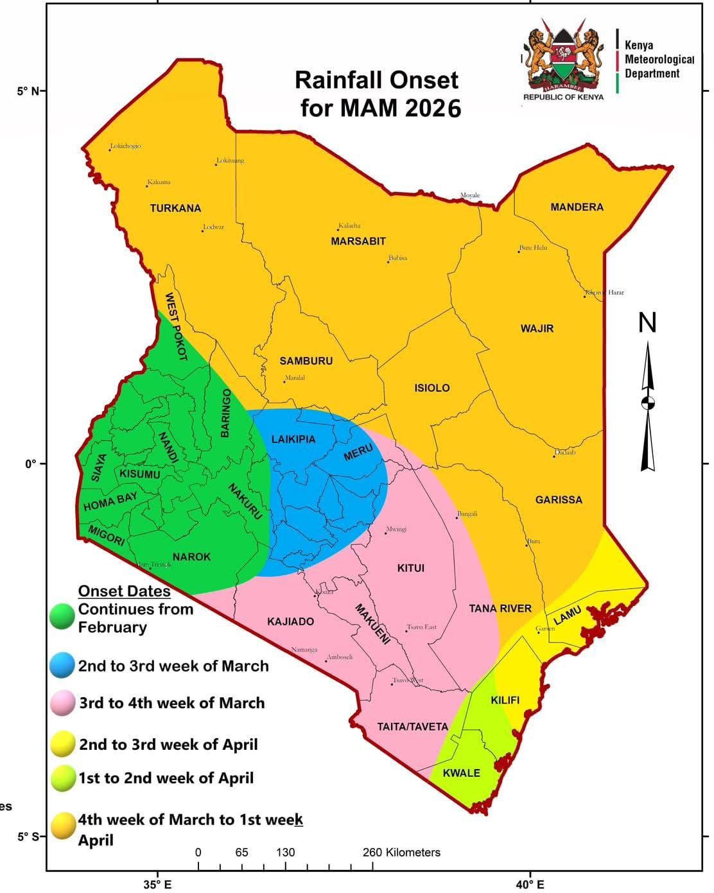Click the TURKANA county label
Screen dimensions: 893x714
[175, 208]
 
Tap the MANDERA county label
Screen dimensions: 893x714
[577, 207]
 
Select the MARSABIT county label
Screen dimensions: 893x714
[358, 241]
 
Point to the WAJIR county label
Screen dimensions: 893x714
[537, 329]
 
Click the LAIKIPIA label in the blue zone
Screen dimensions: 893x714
[293, 440]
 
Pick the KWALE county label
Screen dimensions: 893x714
[461, 772]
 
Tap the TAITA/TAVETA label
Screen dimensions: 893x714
[412, 727]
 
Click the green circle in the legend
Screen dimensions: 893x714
[62, 616]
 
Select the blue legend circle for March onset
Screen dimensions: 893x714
[62, 666]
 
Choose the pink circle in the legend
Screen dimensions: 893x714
[62, 703]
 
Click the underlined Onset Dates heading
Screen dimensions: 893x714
[124, 591]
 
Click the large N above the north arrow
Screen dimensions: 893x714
[647, 323]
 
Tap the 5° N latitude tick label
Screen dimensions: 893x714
[27, 91]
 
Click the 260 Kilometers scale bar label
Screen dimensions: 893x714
[401, 853]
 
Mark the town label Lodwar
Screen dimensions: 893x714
[213, 227]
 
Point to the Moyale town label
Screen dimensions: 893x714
[469, 195]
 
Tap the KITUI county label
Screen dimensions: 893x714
[410, 568]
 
